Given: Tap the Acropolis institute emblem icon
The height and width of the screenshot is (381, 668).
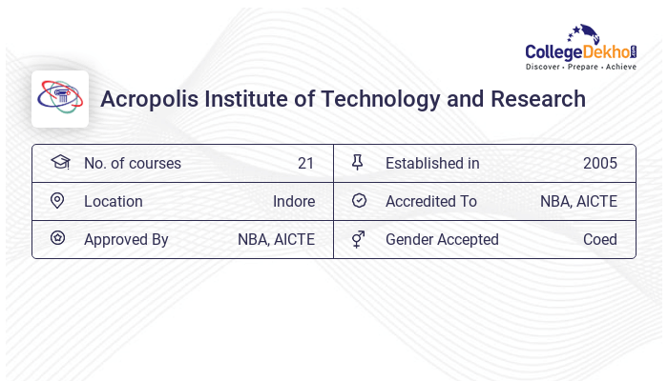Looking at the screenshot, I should (60, 98).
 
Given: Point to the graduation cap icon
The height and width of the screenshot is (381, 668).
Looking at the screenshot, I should (59, 163).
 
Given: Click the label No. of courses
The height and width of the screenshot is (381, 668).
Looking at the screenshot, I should (132, 163).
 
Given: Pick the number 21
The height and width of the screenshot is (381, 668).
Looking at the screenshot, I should (305, 163).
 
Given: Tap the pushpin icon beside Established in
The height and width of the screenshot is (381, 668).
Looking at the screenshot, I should (358, 163).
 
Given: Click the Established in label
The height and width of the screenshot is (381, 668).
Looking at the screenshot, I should (432, 163).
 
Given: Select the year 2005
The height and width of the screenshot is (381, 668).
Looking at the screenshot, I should (600, 163).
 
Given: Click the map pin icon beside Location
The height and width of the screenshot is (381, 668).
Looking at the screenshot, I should (57, 201).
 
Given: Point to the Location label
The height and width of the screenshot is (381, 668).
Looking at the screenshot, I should (114, 201).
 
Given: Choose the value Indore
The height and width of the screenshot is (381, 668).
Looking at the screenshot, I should (294, 201).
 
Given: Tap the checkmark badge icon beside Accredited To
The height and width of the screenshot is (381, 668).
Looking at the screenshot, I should (359, 201).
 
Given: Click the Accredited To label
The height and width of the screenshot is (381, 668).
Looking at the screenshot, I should (431, 201).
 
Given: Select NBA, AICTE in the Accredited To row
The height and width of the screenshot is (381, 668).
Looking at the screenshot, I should (578, 201).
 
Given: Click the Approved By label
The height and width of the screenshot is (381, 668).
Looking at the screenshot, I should (126, 239).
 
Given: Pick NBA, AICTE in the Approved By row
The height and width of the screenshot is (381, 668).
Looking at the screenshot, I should (276, 239).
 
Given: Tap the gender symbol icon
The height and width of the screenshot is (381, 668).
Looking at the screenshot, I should (358, 239).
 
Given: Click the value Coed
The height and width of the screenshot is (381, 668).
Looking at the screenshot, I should (600, 239).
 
